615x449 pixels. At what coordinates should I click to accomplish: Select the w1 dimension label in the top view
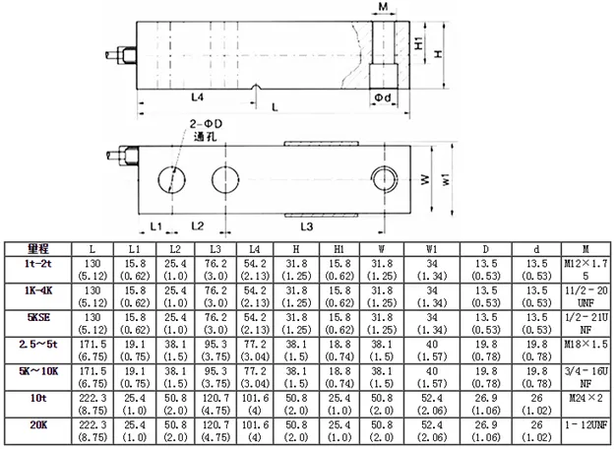click(448, 180)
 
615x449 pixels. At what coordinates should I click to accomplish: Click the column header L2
click(175, 248)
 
